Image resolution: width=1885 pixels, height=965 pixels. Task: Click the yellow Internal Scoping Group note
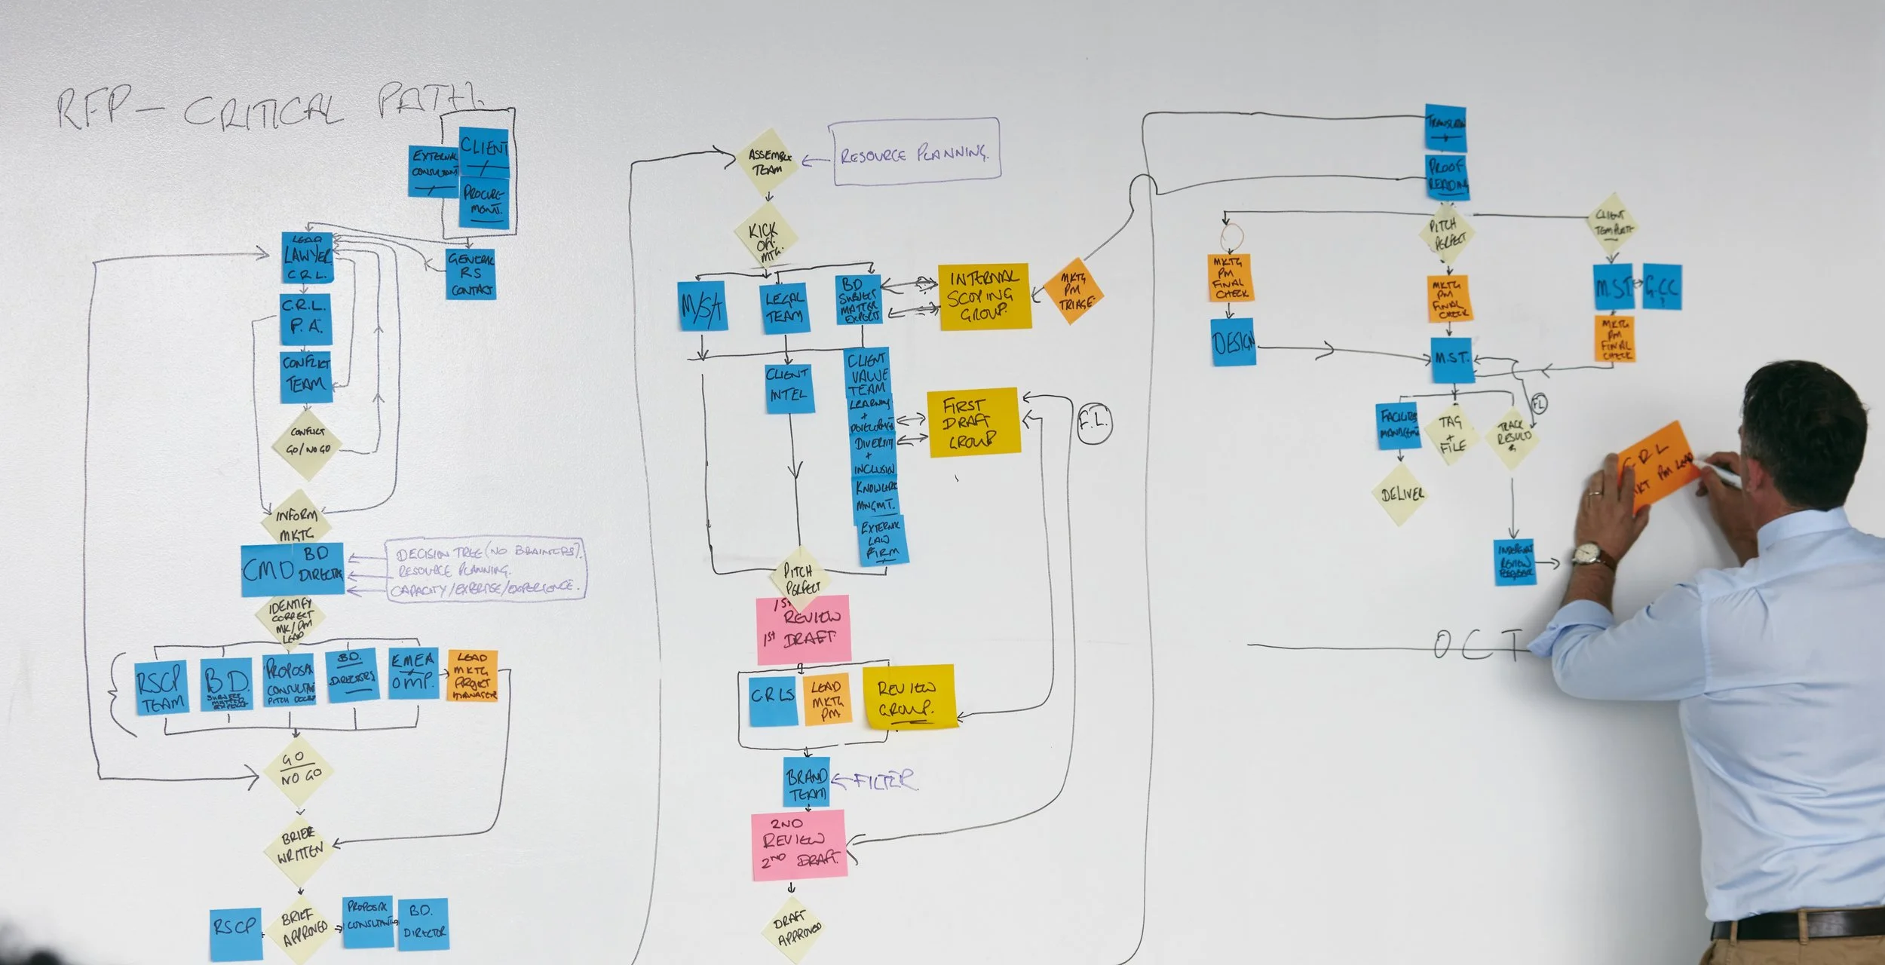click(983, 296)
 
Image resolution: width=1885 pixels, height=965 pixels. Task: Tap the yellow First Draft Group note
click(973, 422)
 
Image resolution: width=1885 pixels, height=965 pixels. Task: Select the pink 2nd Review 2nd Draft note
click(799, 845)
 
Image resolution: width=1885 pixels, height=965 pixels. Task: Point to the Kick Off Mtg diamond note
click(766, 238)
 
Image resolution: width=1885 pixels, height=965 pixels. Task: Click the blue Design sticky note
click(1234, 343)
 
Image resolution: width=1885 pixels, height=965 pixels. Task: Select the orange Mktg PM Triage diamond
click(1074, 291)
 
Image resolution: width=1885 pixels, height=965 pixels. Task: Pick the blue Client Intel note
click(789, 387)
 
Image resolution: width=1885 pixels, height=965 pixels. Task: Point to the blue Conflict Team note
click(306, 375)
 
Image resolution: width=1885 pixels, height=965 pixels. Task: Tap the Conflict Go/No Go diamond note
click(307, 443)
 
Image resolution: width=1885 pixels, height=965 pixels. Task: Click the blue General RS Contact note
click(470, 274)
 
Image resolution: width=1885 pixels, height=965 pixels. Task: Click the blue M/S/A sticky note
click(702, 305)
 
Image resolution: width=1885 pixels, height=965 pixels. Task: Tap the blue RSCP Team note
click(161, 688)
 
